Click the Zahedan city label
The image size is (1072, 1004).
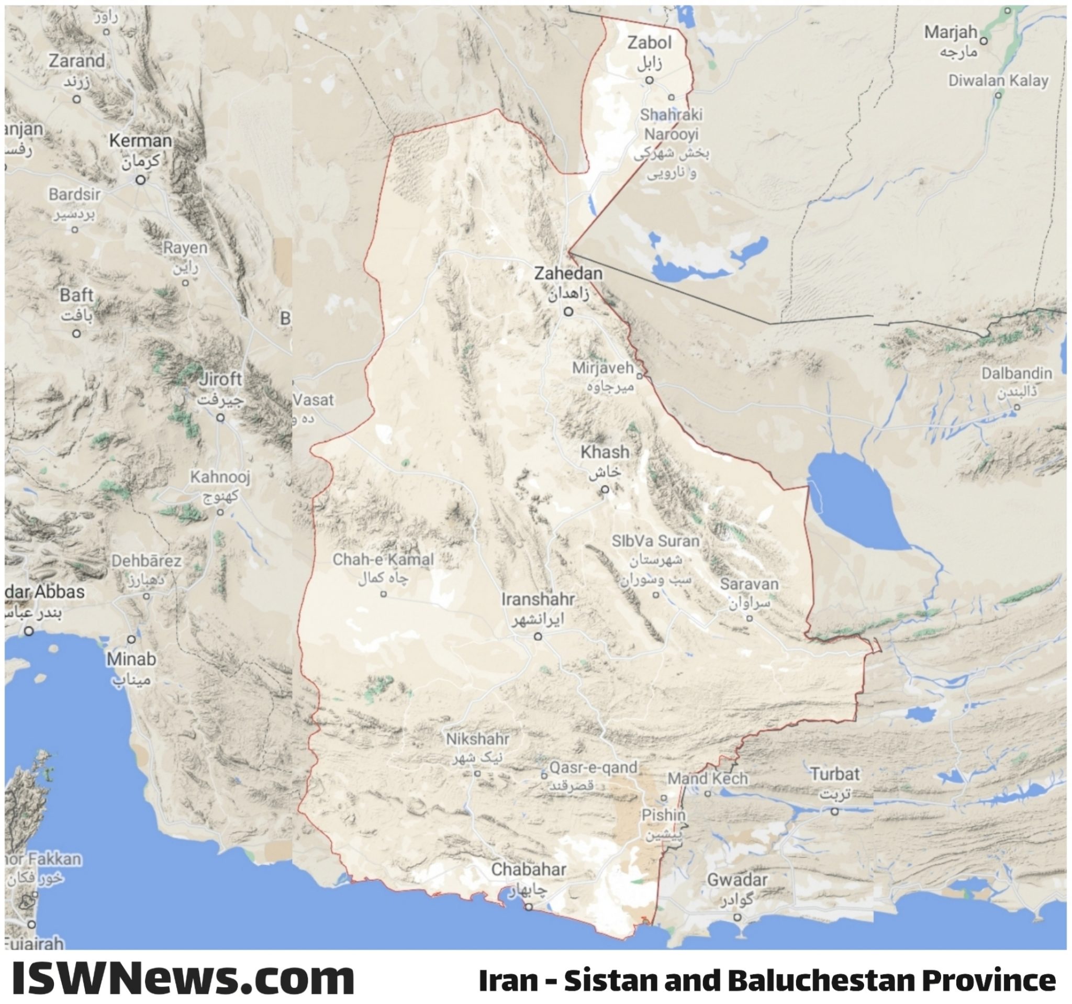[568, 273]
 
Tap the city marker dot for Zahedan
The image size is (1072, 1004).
[568, 311]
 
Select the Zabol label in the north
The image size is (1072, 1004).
[649, 43]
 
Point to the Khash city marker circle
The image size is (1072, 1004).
[605, 489]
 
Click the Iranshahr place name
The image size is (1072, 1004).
[538, 599]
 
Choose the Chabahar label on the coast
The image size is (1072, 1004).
[529, 869]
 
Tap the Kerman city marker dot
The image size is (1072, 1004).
[140, 180]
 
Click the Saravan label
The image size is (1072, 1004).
[749, 584]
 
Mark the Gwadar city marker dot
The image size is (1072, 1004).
[737, 917]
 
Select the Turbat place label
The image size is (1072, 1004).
[835, 774]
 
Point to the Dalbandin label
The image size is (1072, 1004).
[1017, 373]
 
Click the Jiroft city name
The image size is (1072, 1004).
[220, 379]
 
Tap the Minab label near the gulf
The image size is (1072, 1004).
[131, 659]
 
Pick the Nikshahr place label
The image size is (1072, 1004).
[477, 738]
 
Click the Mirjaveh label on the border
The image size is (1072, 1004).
[603, 368]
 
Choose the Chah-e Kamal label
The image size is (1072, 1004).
[383, 559]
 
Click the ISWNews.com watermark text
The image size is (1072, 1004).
[183, 978]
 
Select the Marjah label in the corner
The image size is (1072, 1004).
[951, 32]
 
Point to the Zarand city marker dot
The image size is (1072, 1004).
[76, 99]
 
